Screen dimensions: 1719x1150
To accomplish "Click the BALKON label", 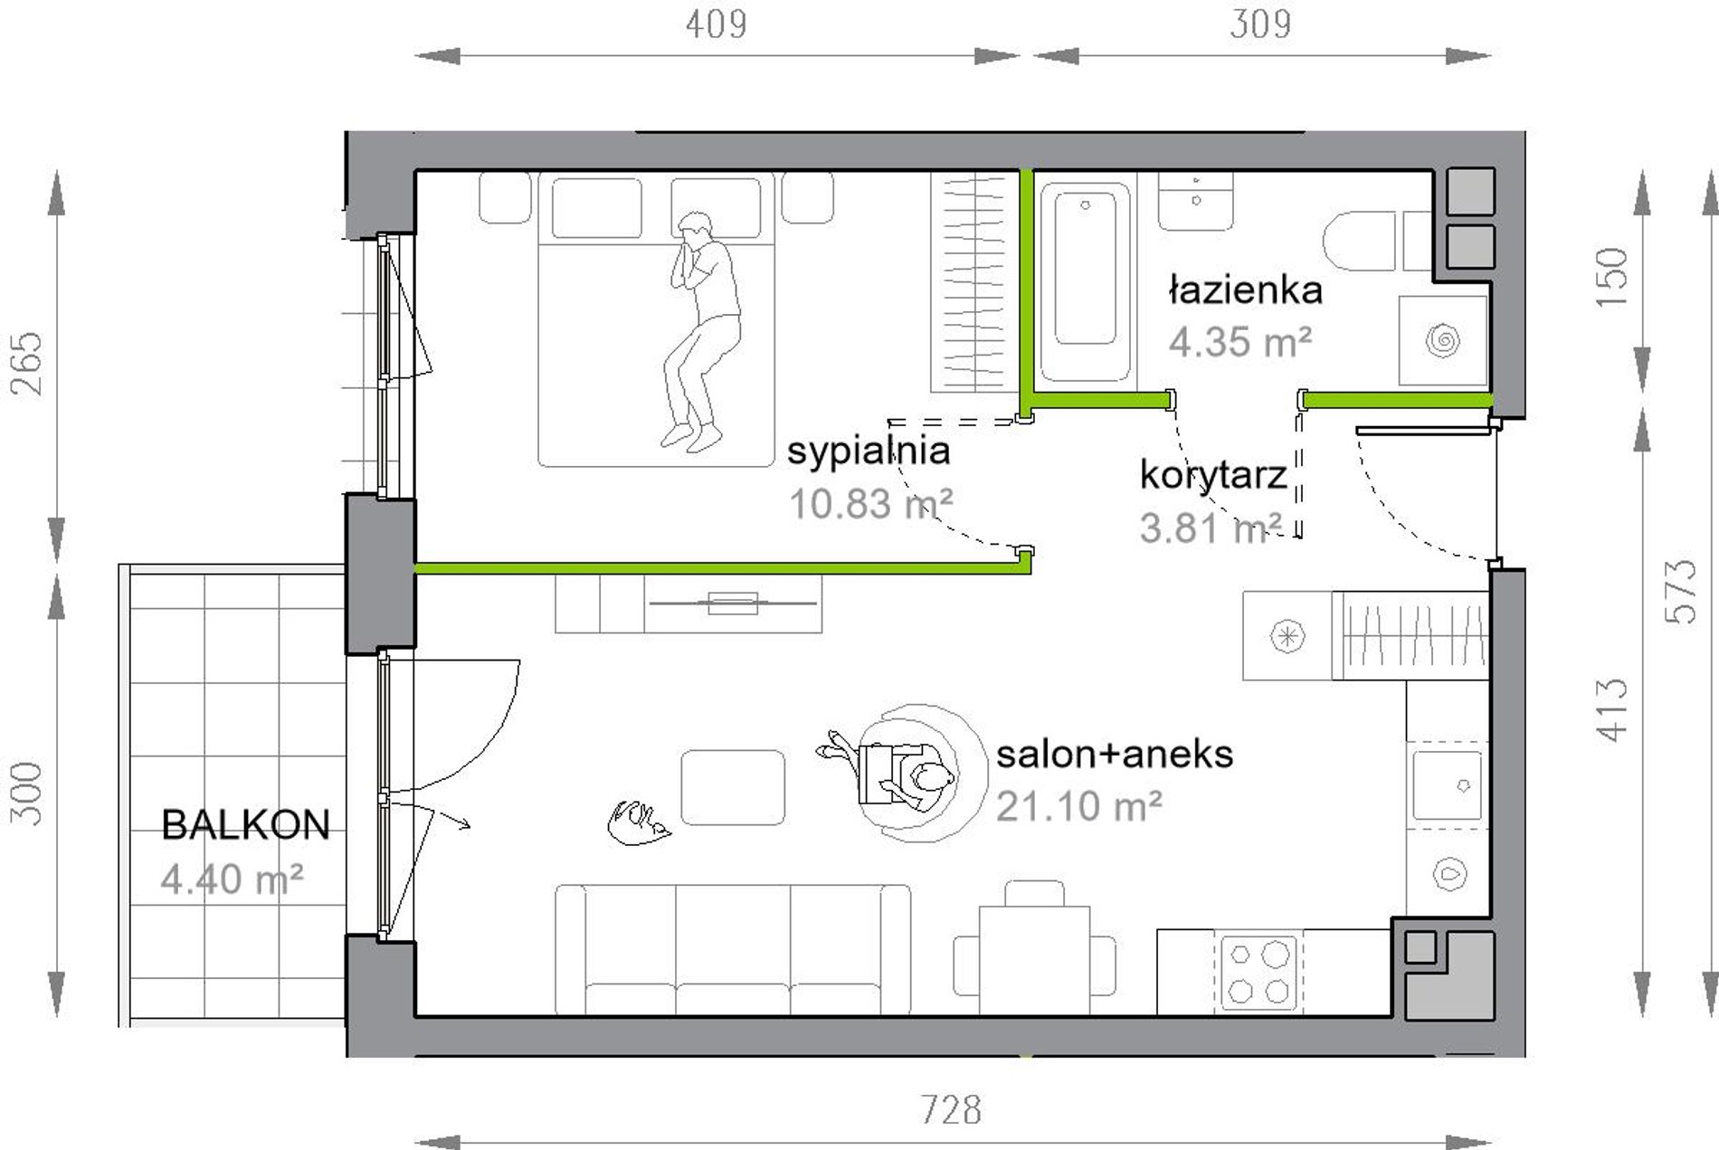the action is coord(245,824).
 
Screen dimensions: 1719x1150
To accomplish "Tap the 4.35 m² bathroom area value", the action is coord(1239,342).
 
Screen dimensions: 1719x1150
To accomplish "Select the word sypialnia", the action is coord(869,451).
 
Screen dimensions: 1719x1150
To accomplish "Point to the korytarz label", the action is coord(1213,474).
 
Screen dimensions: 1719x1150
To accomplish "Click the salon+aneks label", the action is coord(1115,754).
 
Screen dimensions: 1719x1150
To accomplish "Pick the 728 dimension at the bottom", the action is coord(951,1109).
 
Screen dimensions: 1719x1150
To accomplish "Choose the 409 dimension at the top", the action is coord(716,24).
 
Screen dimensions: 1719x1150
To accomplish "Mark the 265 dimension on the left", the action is coord(27,364).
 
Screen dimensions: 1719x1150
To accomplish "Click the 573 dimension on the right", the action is coord(1681,591).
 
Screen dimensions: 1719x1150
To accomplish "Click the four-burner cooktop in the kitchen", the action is coord(1258,973).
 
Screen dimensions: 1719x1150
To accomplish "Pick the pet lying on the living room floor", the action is coord(639,822).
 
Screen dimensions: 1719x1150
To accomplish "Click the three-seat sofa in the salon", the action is coord(733,949).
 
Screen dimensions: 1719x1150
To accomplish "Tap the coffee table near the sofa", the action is coord(733,787).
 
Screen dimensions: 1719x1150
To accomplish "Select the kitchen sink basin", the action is coord(1448,784).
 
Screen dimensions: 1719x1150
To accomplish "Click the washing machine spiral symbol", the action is coord(1442,341).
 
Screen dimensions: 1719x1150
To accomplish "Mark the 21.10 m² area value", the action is coord(1078,806).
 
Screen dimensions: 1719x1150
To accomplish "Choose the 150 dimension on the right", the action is coord(1611,277).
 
